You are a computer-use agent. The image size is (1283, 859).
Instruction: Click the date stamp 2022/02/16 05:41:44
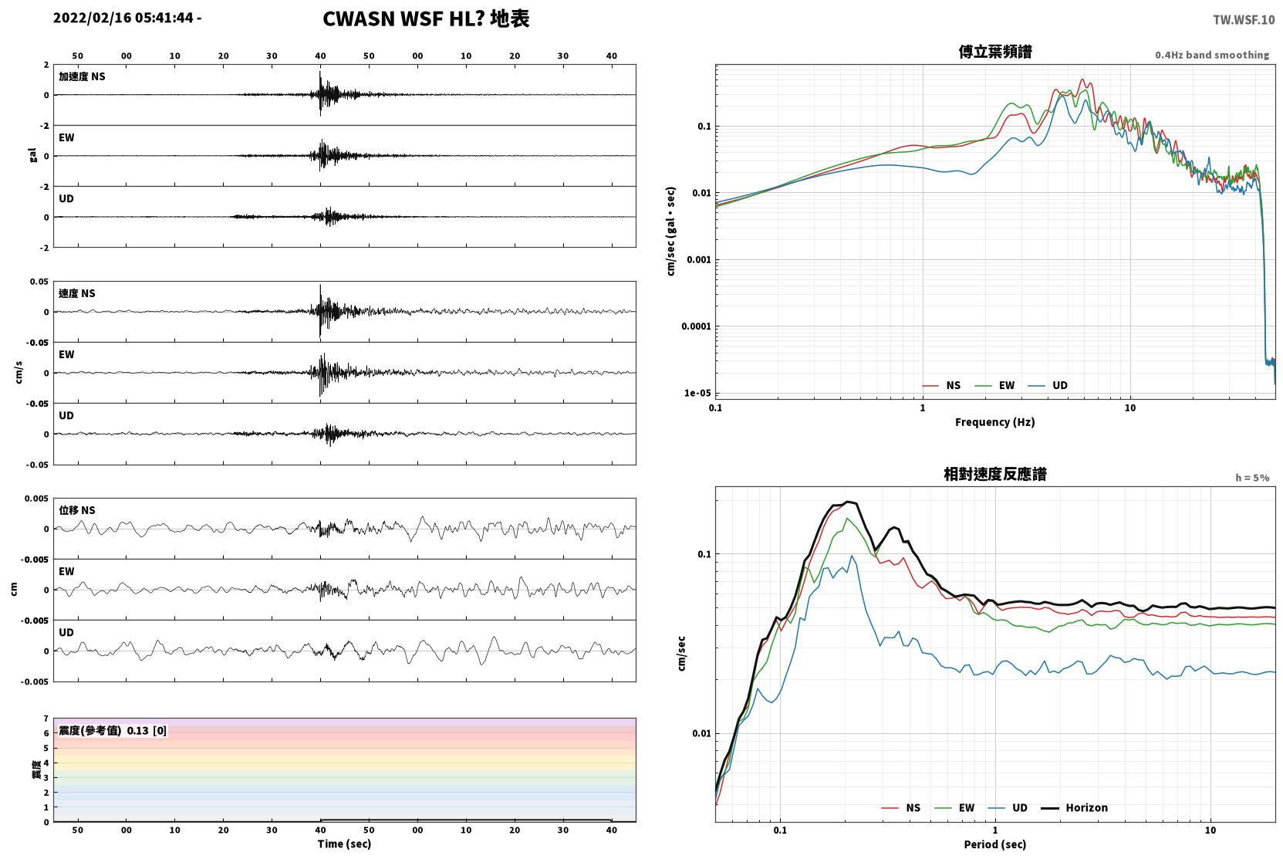[x=123, y=18]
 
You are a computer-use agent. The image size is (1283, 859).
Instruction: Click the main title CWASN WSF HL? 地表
[x=426, y=19]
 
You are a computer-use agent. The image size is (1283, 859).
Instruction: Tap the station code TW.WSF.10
[x=1244, y=20]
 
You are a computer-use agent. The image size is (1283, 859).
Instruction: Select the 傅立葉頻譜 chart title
[x=995, y=52]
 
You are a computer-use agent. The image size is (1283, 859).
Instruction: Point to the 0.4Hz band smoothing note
[x=1212, y=55]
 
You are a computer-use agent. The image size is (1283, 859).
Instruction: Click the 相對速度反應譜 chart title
[x=995, y=474]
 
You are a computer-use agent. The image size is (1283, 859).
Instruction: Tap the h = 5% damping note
[x=1252, y=477]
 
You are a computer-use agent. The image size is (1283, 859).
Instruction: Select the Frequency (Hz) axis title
[x=995, y=422]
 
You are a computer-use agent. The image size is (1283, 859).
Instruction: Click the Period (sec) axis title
[x=995, y=844]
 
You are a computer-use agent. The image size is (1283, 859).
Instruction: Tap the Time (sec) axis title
[x=344, y=844]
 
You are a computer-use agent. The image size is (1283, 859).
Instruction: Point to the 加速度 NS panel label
[x=82, y=76]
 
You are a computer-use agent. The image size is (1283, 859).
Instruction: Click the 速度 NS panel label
[x=76, y=293]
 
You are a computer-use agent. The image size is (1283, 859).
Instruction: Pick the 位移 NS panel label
[x=76, y=510]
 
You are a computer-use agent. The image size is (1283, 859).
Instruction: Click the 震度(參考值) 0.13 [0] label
[x=113, y=731]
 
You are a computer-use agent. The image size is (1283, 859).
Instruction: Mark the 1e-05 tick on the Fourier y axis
[x=697, y=393]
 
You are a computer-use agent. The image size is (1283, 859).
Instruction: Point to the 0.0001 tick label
[x=696, y=326]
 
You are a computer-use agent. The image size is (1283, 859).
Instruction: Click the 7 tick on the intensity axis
[x=46, y=719]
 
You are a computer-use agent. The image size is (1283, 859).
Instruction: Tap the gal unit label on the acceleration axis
[x=32, y=155]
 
